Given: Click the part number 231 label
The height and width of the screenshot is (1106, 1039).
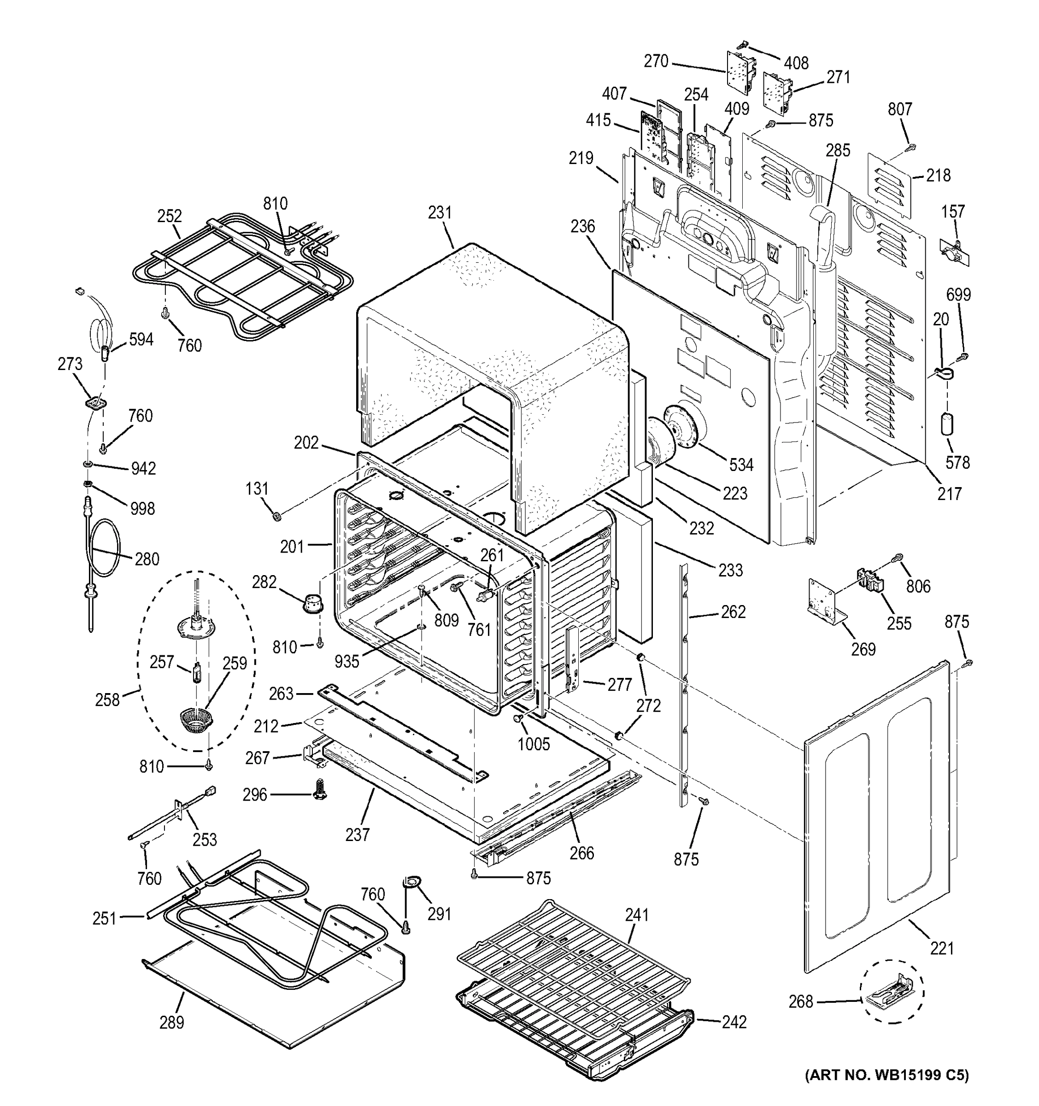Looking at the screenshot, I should click(x=440, y=212).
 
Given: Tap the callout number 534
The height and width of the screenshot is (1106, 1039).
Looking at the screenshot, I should click(x=741, y=465).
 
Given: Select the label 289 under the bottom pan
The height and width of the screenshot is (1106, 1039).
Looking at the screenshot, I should click(x=171, y=1022).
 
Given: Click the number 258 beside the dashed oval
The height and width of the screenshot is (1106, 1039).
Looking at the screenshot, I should click(x=107, y=700).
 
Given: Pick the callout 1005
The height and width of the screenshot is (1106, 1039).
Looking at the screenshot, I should click(x=534, y=744).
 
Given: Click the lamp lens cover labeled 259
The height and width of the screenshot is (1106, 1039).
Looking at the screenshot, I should click(x=196, y=723).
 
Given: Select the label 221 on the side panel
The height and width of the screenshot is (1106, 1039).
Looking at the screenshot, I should click(x=942, y=947).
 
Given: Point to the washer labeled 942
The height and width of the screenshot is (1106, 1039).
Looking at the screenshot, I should click(x=88, y=464).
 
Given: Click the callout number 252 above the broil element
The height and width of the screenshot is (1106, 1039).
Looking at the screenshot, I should click(x=169, y=216).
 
